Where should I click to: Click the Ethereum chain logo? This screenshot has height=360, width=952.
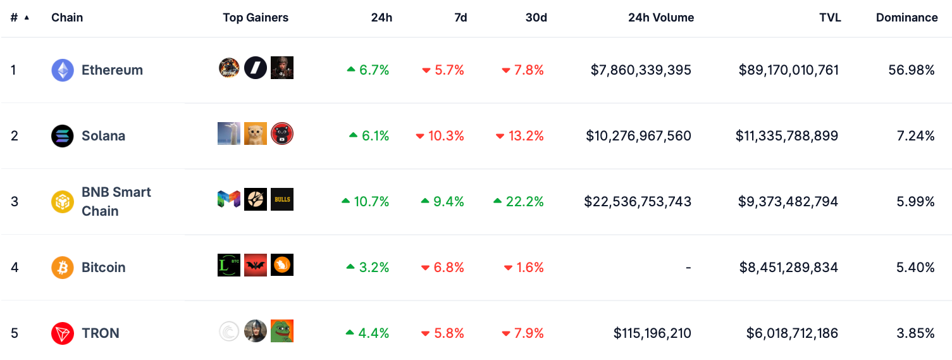[x=63, y=70]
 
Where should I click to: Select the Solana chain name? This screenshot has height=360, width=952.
[x=103, y=136]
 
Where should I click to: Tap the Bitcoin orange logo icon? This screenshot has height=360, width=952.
[x=63, y=268]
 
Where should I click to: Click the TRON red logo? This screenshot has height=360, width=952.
[x=63, y=333]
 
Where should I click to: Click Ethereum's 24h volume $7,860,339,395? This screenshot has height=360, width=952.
[x=641, y=70]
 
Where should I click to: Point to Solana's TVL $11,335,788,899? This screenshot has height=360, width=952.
[x=787, y=136]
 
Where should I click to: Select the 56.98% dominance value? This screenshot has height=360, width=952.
[x=912, y=70]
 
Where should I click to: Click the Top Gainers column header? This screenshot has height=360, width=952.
[x=256, y=18]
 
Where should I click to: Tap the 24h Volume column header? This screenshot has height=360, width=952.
[x=661, y=18]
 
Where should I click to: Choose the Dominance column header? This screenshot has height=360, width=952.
[x=906, y=18]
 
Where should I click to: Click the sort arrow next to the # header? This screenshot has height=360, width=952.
[x=27, y=18]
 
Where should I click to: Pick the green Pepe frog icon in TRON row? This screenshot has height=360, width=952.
[x=282, y=331]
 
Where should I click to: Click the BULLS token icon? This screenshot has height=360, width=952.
[x=282, y=199]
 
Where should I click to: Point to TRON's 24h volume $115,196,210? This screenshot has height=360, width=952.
[x=652, y=333]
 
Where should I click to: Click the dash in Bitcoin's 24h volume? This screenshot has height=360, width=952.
[x=688, y=268]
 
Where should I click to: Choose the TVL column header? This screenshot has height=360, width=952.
[x=830, y=18]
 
